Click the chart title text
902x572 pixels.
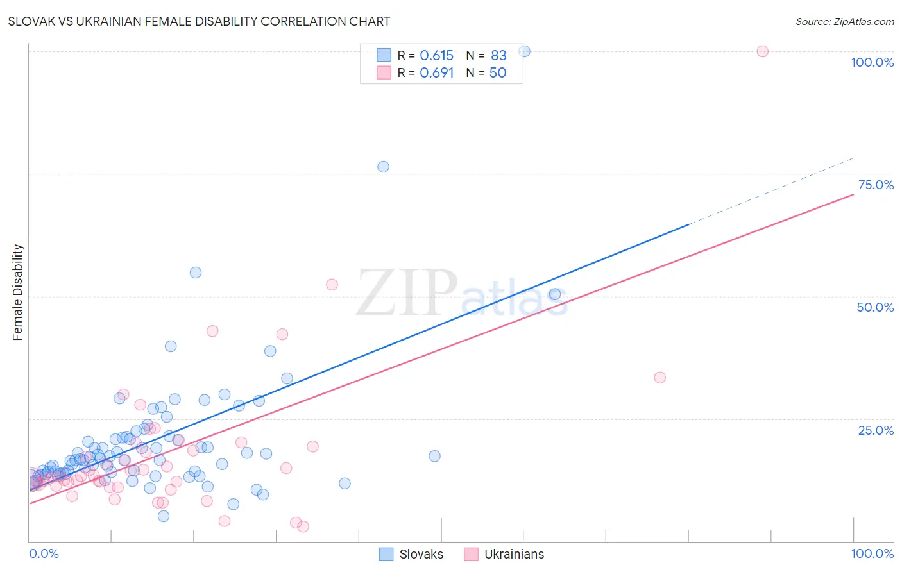199,21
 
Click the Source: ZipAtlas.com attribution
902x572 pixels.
844,21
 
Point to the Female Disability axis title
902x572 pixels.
18,292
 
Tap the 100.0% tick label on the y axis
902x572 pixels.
872,62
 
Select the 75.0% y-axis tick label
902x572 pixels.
876,185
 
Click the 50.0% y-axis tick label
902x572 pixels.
875,307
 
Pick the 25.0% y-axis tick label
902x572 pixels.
876,430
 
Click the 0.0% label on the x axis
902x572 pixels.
44,553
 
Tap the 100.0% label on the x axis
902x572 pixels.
872,553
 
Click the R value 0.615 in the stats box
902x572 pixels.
436,56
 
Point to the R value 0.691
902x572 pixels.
436,73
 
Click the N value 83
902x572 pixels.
498,56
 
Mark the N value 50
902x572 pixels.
498,73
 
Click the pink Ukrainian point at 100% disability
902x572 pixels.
762,51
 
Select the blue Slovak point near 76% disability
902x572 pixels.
383,167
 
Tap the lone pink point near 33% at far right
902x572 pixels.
659,378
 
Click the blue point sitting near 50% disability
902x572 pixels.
555,294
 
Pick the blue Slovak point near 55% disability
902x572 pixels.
196,273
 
